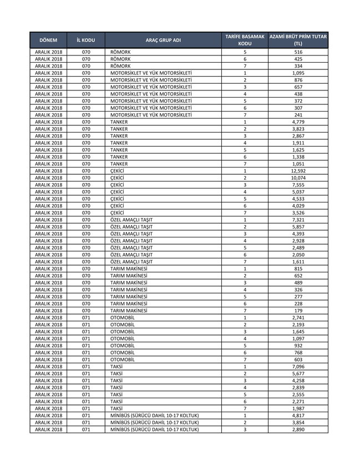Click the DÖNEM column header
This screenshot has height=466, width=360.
[x=49, y=40]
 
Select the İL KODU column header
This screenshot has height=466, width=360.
[x=85, y=40]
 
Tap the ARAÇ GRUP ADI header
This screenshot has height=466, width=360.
[x=163, y=40]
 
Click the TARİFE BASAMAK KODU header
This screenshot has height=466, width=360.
[x=245, y=39]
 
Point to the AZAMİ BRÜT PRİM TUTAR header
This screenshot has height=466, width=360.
[x=298, y=39]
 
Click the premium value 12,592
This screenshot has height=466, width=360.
[x=298, y=171]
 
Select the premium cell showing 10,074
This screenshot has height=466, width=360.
[x=298, y=178]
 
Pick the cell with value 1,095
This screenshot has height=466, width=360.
[x=298, y=73]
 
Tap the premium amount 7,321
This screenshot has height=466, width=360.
[x=298, y=220]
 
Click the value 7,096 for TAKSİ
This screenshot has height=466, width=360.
[x=298, y=367]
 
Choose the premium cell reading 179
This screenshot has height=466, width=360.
[x=298, y=311]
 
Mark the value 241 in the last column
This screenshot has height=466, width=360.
[x=298, y=115]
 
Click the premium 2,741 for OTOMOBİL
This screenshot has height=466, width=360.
[x=298, y=318]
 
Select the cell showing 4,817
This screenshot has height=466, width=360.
[x=298, y=416]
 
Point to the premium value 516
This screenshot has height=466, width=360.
[x=298, y=52]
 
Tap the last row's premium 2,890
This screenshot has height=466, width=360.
[x=298, y=429]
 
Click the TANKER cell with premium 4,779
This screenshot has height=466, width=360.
[x=119, y=122]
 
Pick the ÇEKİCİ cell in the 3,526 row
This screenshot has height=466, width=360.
[x=117, y=213]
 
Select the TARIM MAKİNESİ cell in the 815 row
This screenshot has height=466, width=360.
[x=129, y=269]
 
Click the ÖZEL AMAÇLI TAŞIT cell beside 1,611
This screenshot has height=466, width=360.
[x=131, y=262]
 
